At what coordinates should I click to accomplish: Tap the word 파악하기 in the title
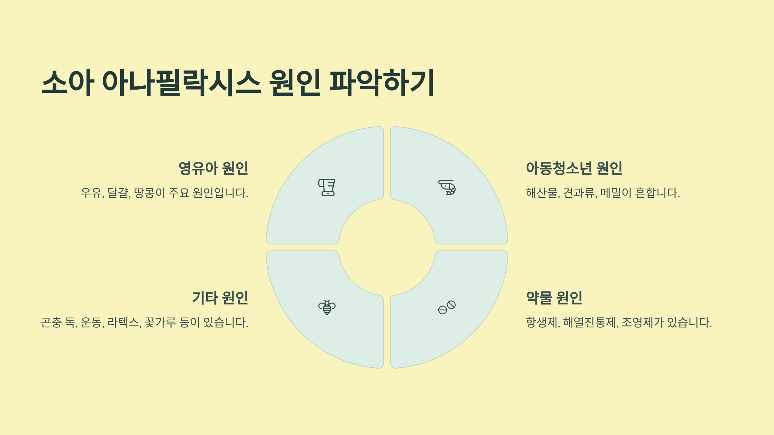[382, 83]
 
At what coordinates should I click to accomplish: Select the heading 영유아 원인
[213, 168]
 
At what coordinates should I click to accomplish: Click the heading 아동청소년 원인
[574, 168]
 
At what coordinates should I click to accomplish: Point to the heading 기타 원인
[220, 298]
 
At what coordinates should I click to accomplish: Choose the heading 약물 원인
[554, 298]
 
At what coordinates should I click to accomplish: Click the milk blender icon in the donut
[327, 188]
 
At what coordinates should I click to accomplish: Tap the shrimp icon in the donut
[447, 188]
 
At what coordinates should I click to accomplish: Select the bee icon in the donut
[327, 307]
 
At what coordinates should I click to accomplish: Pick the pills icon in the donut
[447, 307]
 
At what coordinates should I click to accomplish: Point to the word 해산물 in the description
[542, 193]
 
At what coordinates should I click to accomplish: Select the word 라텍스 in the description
[124, 323]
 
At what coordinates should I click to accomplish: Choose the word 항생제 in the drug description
[542, 323]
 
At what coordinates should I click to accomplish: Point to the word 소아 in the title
[68, 83]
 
